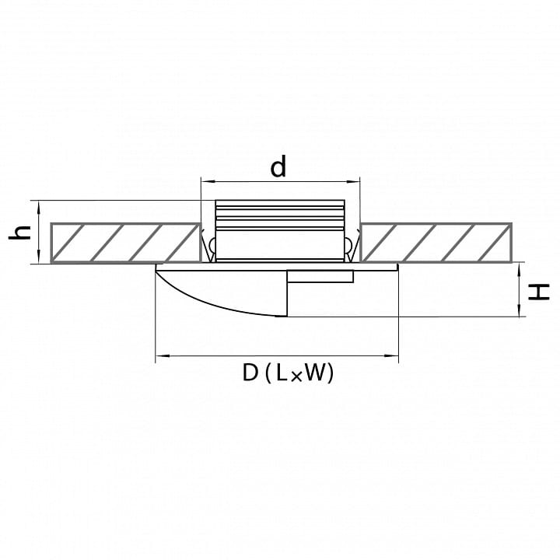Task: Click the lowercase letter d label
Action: [x=278, y=166]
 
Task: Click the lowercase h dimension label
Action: [x=20, y=233]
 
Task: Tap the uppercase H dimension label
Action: [x=538, y=292]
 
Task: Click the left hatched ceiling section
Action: [x=125, y=243]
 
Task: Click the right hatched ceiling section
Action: [x=436, y=243]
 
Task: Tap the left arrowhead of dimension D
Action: [x=162, y=355]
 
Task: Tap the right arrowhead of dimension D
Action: [x=392, y=355]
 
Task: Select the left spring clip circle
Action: [x=212, y=245]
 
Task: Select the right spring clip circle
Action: [x=348, y=245]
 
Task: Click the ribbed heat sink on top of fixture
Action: [x=280, y=215]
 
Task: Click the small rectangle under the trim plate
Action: [x=320, y=276]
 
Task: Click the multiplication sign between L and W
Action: [x=296, y=376]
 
